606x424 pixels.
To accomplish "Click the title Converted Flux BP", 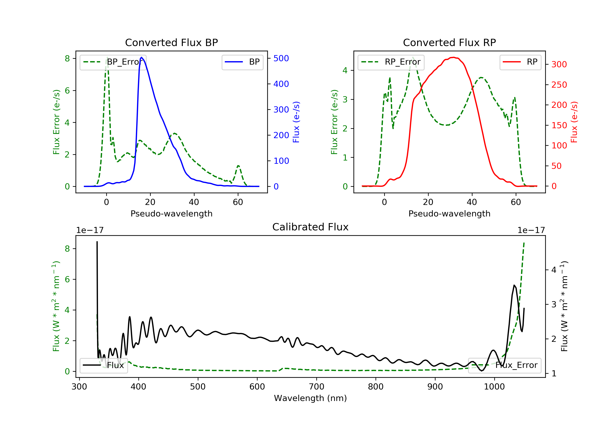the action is coord(171,42).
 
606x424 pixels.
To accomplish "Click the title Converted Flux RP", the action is coord(449,42).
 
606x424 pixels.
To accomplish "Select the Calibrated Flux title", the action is coord(310,227).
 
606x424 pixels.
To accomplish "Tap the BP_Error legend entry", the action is coord(113,62).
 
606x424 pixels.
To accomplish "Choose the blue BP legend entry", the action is coord(242,62).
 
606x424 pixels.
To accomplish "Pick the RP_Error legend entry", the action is coord(391,62).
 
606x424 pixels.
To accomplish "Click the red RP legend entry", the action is coord(520,62).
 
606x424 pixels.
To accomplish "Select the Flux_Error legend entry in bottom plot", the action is coord(505,365).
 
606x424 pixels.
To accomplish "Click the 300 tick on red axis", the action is coord(559,64).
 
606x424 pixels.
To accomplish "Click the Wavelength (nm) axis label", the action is coord(310,398).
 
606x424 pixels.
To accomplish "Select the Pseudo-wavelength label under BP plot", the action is coord(171,213).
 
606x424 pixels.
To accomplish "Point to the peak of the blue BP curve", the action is coord(141,57).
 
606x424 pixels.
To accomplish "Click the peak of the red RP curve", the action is coord(453,57).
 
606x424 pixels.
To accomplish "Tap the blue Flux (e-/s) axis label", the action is coord(296,122).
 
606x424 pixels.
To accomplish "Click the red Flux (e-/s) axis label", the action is coord(574,122).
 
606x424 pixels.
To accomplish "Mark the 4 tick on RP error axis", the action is coord(345,70).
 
